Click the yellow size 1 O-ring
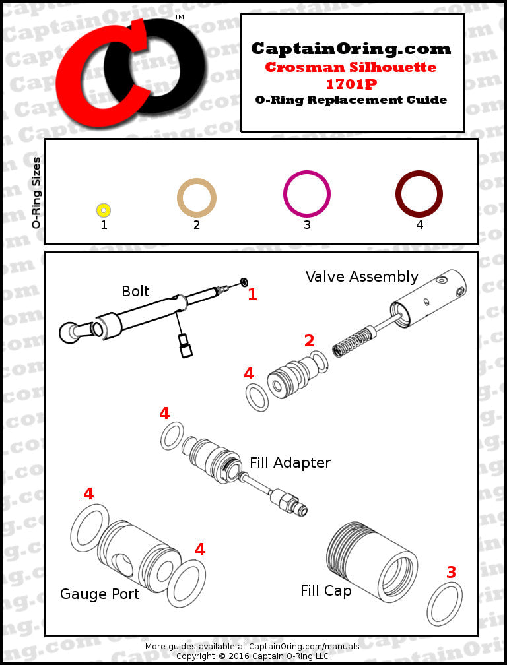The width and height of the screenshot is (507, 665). pos(104,210)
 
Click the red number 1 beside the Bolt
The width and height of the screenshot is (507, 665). pos(252,295)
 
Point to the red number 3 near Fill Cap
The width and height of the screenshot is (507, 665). pos(451,573)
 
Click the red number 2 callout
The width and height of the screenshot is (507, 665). pos(309,341)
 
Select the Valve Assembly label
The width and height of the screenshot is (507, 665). pos(362,276)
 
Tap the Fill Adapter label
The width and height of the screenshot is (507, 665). pos(290,462)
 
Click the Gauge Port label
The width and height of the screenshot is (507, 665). pos(100,594)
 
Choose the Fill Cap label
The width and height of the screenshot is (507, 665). pos(325,590)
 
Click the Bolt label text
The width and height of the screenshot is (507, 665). pos(135,291)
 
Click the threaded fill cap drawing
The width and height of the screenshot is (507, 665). pos(372,561)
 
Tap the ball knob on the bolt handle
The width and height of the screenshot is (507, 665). pos(68,332)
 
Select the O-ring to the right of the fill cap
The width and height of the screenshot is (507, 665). pos(444,603)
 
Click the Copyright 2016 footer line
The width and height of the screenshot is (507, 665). pos(252,656)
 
